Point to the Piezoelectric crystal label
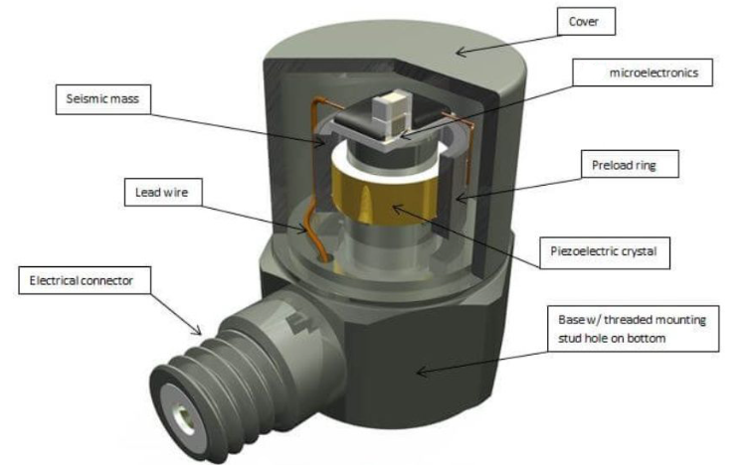609,251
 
